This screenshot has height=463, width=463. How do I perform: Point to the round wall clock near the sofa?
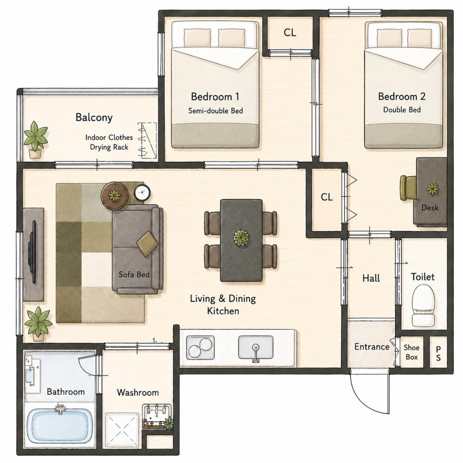(142, 193)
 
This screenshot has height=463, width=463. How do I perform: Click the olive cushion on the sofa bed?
(147, 244)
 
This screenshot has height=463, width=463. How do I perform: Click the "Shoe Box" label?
(412, 352)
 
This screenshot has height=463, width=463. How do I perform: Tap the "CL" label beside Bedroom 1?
(290, 33)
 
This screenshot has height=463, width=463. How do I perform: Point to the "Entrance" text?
(372, 347)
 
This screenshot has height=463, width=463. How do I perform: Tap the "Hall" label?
(371, 278)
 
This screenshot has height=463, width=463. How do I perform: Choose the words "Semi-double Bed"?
(216, 111)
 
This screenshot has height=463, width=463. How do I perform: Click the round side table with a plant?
(113, 196)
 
